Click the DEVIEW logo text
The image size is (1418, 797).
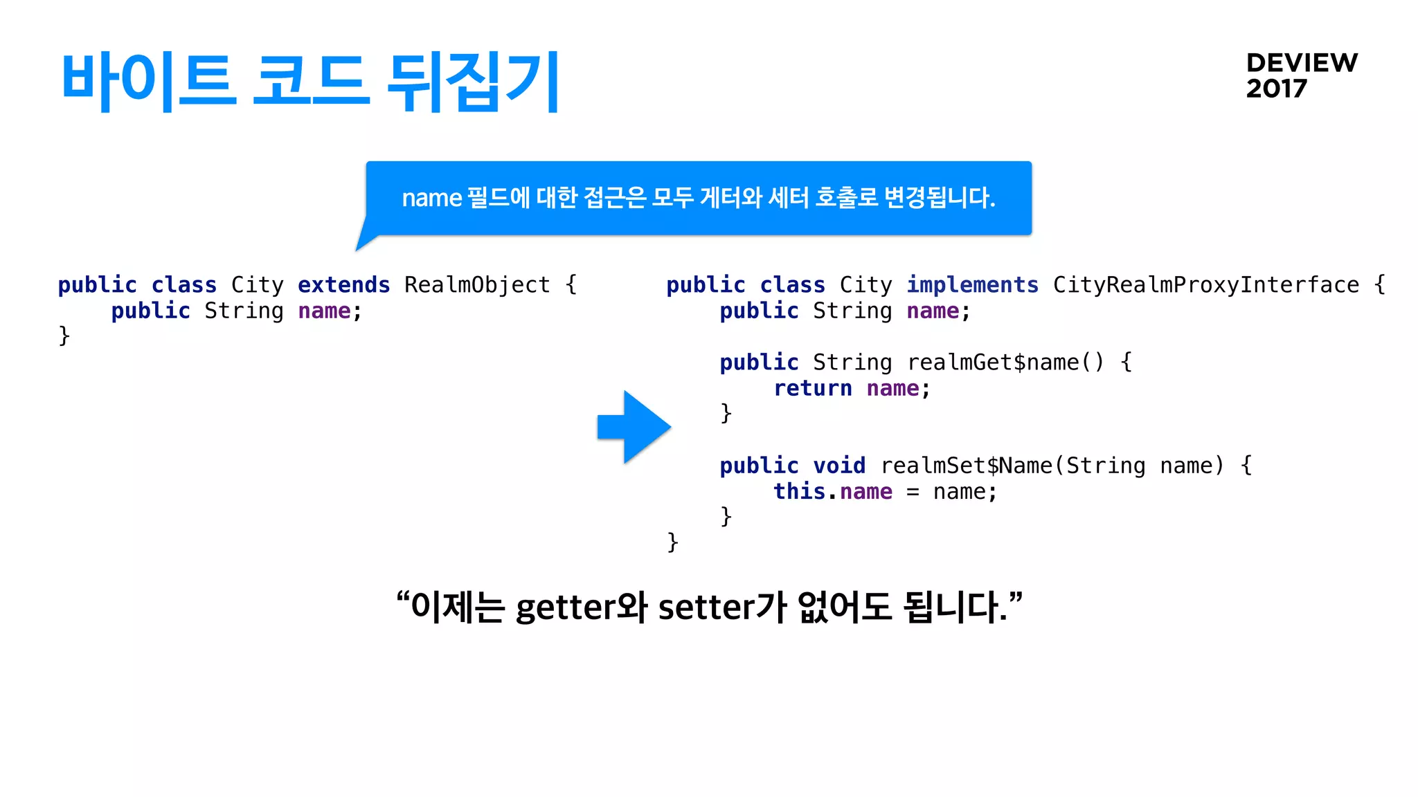tap(1302, 63)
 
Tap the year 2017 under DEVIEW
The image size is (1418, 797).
tap(1276, 89)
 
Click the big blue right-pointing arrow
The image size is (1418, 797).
tap(634, 427)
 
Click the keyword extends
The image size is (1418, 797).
tap(343, 285)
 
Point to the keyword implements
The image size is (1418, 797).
tap(972, 285)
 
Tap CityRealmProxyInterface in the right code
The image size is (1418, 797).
tap(1205, 285)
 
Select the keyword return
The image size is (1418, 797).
tap(812, 389)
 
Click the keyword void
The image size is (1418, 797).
tap(838, 466)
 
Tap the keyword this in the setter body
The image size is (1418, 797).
tap(799, 492)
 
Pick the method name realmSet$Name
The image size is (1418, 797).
tap(966, 466)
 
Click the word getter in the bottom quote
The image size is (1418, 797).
tap(565, 607)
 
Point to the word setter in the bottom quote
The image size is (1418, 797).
tap(705, 607)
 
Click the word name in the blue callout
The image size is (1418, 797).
tap(431, 199)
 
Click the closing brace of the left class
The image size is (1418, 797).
tap(64, 336)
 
